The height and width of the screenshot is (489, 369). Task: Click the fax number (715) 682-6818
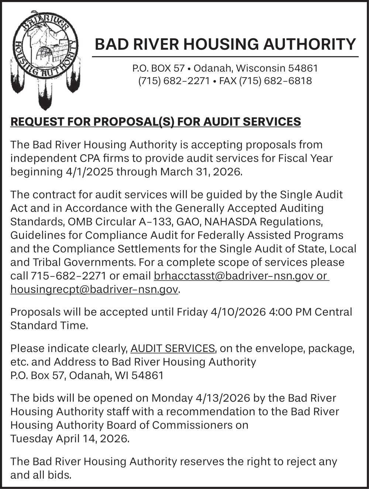coord(275,80)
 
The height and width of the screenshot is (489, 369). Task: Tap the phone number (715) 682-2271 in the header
coord(174,80)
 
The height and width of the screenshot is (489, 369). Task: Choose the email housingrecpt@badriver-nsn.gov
coord(94,289)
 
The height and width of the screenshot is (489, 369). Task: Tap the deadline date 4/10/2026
coord(238,312)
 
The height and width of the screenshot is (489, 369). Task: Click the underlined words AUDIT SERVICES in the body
coord(173,348)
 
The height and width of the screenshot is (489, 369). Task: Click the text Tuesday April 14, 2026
coord(70,438)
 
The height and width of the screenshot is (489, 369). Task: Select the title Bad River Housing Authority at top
coord(225,44)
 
